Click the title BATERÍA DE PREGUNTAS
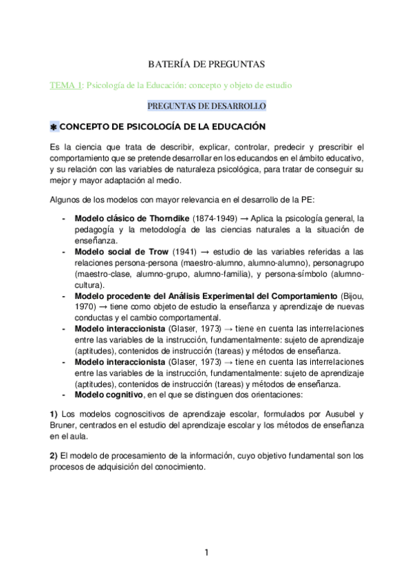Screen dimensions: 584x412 click(x=206, y=64)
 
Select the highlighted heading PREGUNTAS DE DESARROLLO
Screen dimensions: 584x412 click(x=207, y=105)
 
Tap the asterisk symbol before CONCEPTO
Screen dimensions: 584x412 click(x=54, y=127)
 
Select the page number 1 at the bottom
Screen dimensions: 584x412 click(x=206, y=551)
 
